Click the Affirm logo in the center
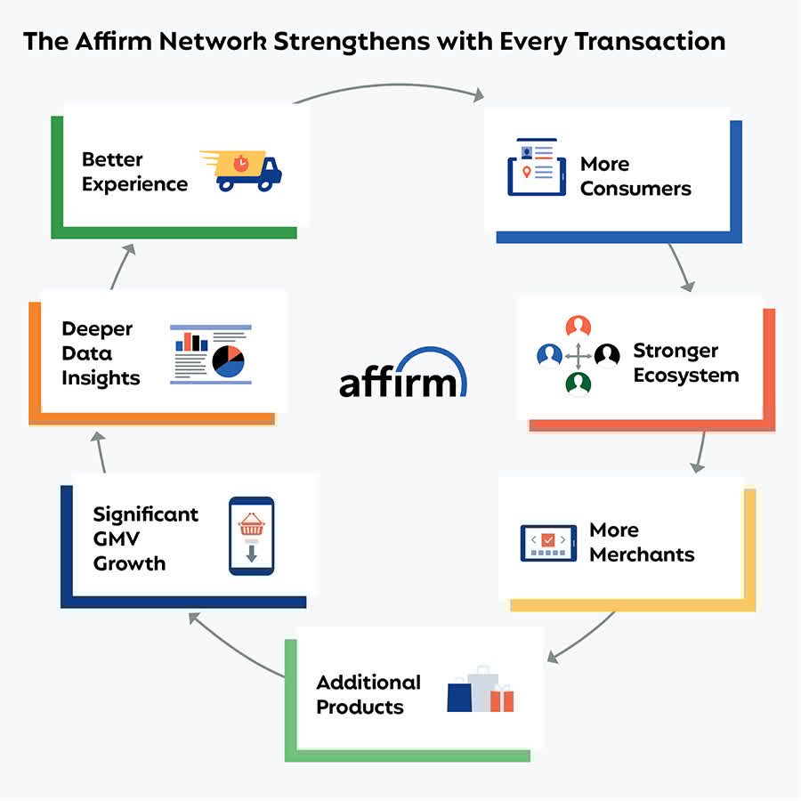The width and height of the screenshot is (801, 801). [402, 373]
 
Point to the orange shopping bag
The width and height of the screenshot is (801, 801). [502, 699]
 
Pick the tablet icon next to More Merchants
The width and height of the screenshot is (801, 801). [548, 543]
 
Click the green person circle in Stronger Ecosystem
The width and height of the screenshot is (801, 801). [578, 384]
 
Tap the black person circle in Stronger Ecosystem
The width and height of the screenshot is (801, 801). [607, 356]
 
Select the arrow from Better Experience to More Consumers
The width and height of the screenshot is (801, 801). [392, 87]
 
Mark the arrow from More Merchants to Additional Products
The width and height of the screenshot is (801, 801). [583, 636]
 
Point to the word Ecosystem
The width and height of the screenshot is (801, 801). [685, 375]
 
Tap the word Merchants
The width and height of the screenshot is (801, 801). [642, 554]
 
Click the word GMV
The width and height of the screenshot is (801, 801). [117, 538]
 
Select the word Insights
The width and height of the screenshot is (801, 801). [101, 377]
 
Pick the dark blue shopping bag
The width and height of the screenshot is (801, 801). [458, 696]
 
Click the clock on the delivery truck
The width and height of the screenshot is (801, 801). [241, 163]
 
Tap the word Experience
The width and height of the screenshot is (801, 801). [134, 184]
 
